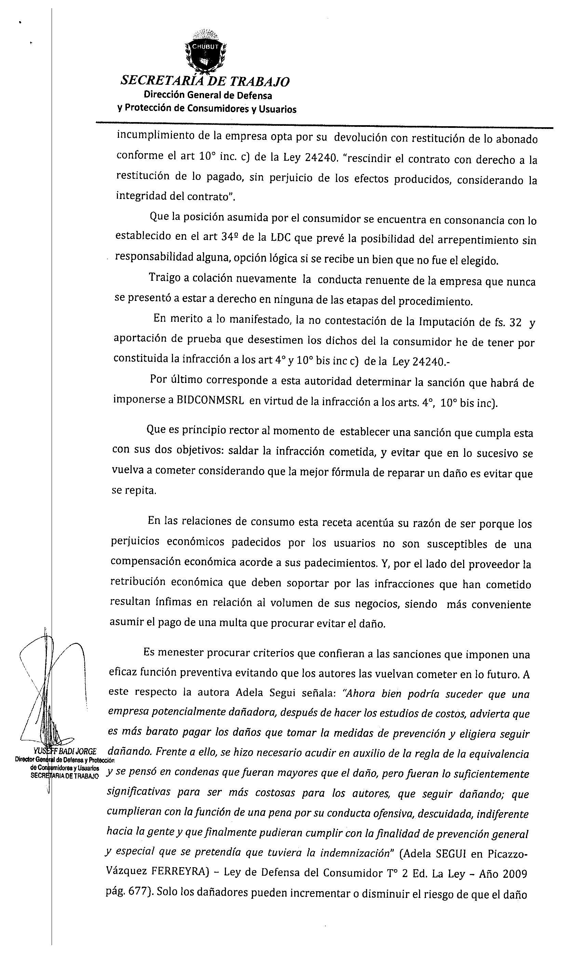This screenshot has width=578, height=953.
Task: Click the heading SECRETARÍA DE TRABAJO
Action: point(205,81)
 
